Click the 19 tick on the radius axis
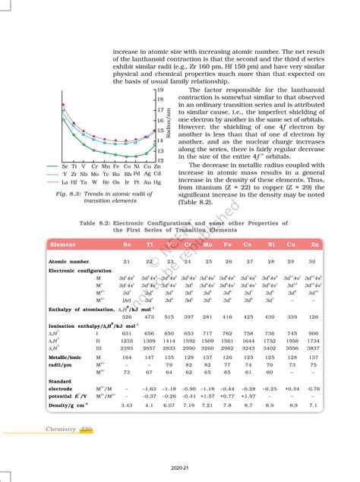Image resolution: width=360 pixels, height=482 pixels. tap(160, 90)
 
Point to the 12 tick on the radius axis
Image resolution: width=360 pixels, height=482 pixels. tap(160, 160)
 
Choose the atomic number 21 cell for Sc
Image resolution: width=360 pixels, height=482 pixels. tap(127, 261)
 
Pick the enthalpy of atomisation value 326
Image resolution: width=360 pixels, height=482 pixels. tap(127, 317)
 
